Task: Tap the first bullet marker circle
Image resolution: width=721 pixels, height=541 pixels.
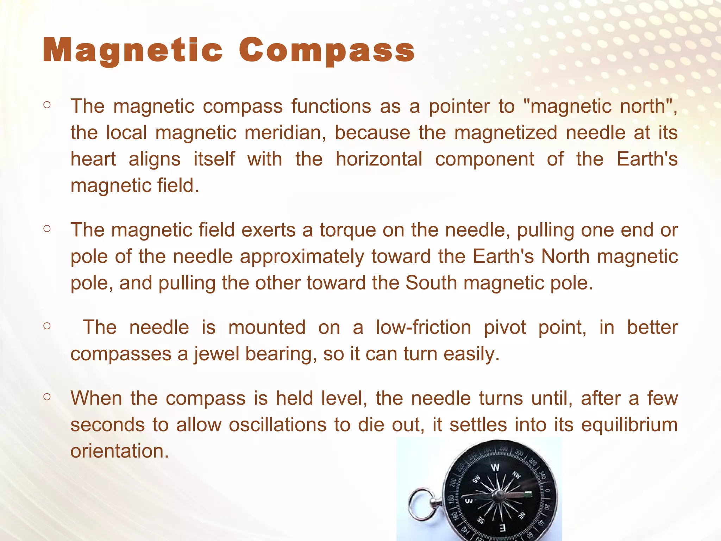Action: coord(47,105)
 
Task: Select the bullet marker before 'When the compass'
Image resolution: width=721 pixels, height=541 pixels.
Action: coord(47,397)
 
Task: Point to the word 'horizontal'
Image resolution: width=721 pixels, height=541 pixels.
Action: coord(379,159)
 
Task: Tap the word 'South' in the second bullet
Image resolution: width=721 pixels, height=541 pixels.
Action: coord(431,283)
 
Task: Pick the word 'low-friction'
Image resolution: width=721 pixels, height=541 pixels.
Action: coord(424,327)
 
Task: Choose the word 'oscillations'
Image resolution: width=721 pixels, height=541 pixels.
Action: coord(278,424)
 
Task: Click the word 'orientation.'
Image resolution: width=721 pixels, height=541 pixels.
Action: coord(120,451)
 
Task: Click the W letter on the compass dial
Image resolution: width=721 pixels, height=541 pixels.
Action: coord(495,468)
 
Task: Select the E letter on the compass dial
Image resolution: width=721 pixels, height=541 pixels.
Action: coord(502,527)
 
